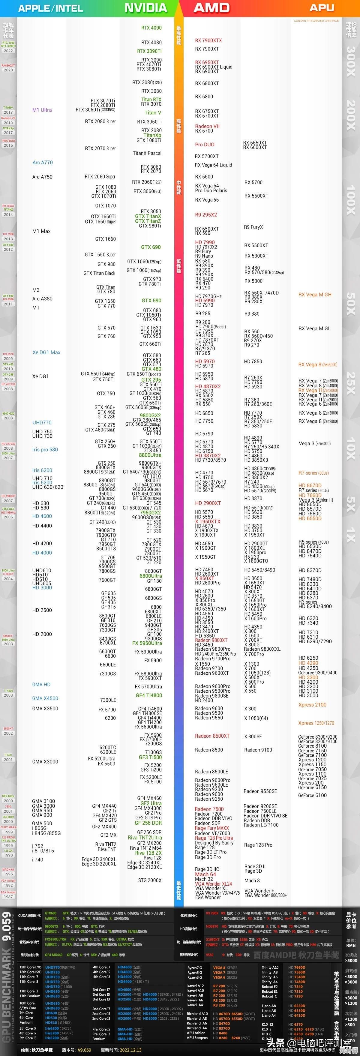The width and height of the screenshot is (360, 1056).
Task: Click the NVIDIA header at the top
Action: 145,8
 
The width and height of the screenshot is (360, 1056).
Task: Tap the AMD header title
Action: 211,8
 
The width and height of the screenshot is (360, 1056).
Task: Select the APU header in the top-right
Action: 322,8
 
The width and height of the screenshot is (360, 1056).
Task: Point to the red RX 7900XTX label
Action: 208,40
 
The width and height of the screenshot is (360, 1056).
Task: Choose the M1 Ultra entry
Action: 42,110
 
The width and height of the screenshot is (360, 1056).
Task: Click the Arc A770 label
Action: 43,162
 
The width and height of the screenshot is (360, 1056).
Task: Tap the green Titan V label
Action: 152,113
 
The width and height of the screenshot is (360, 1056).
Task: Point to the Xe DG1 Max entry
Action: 46,352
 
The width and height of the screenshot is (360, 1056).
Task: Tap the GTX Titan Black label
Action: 99,273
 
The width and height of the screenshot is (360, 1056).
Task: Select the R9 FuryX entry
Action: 253,227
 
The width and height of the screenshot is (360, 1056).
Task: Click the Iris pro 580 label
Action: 45,449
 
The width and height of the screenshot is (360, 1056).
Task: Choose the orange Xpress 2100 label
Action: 312,705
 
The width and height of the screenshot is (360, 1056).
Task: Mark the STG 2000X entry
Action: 150,880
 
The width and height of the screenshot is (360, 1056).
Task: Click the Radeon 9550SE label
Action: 260,791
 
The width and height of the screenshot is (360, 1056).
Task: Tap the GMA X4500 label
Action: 45,698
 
